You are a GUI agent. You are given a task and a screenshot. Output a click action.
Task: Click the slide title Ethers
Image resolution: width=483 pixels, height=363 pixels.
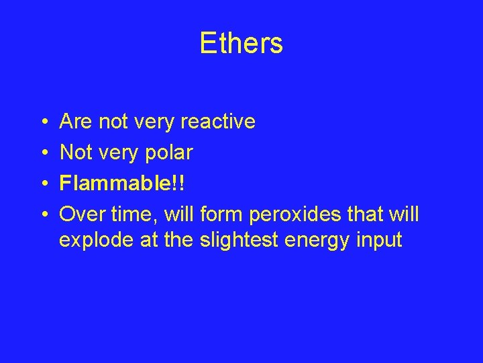(x=241, y=44)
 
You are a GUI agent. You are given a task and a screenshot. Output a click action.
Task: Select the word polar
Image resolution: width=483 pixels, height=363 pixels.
(x=170, y=153)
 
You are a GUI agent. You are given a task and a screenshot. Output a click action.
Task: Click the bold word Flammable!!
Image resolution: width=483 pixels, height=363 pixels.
(x=121, y=184)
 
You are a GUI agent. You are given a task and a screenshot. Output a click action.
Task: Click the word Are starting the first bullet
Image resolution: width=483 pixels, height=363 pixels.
(x=76, y=122)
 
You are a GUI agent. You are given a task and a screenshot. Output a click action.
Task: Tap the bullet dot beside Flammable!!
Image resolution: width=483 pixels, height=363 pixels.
(x=42, y=184)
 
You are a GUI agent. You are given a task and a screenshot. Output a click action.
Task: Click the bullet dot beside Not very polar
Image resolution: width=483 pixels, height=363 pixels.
(x=42, y=153)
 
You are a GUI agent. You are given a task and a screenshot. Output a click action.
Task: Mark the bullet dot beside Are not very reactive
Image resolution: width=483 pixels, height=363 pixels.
(x=42, y=122)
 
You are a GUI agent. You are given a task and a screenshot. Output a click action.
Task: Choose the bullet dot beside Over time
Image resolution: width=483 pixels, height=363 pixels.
(x=42, y=215)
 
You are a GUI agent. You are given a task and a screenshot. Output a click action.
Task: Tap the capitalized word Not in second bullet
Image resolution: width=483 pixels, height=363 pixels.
(x=75, y=153)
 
